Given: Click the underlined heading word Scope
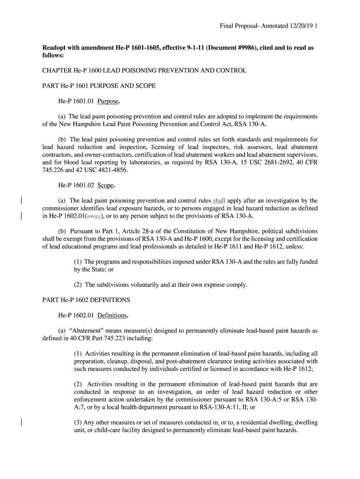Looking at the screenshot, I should [106, 185].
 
